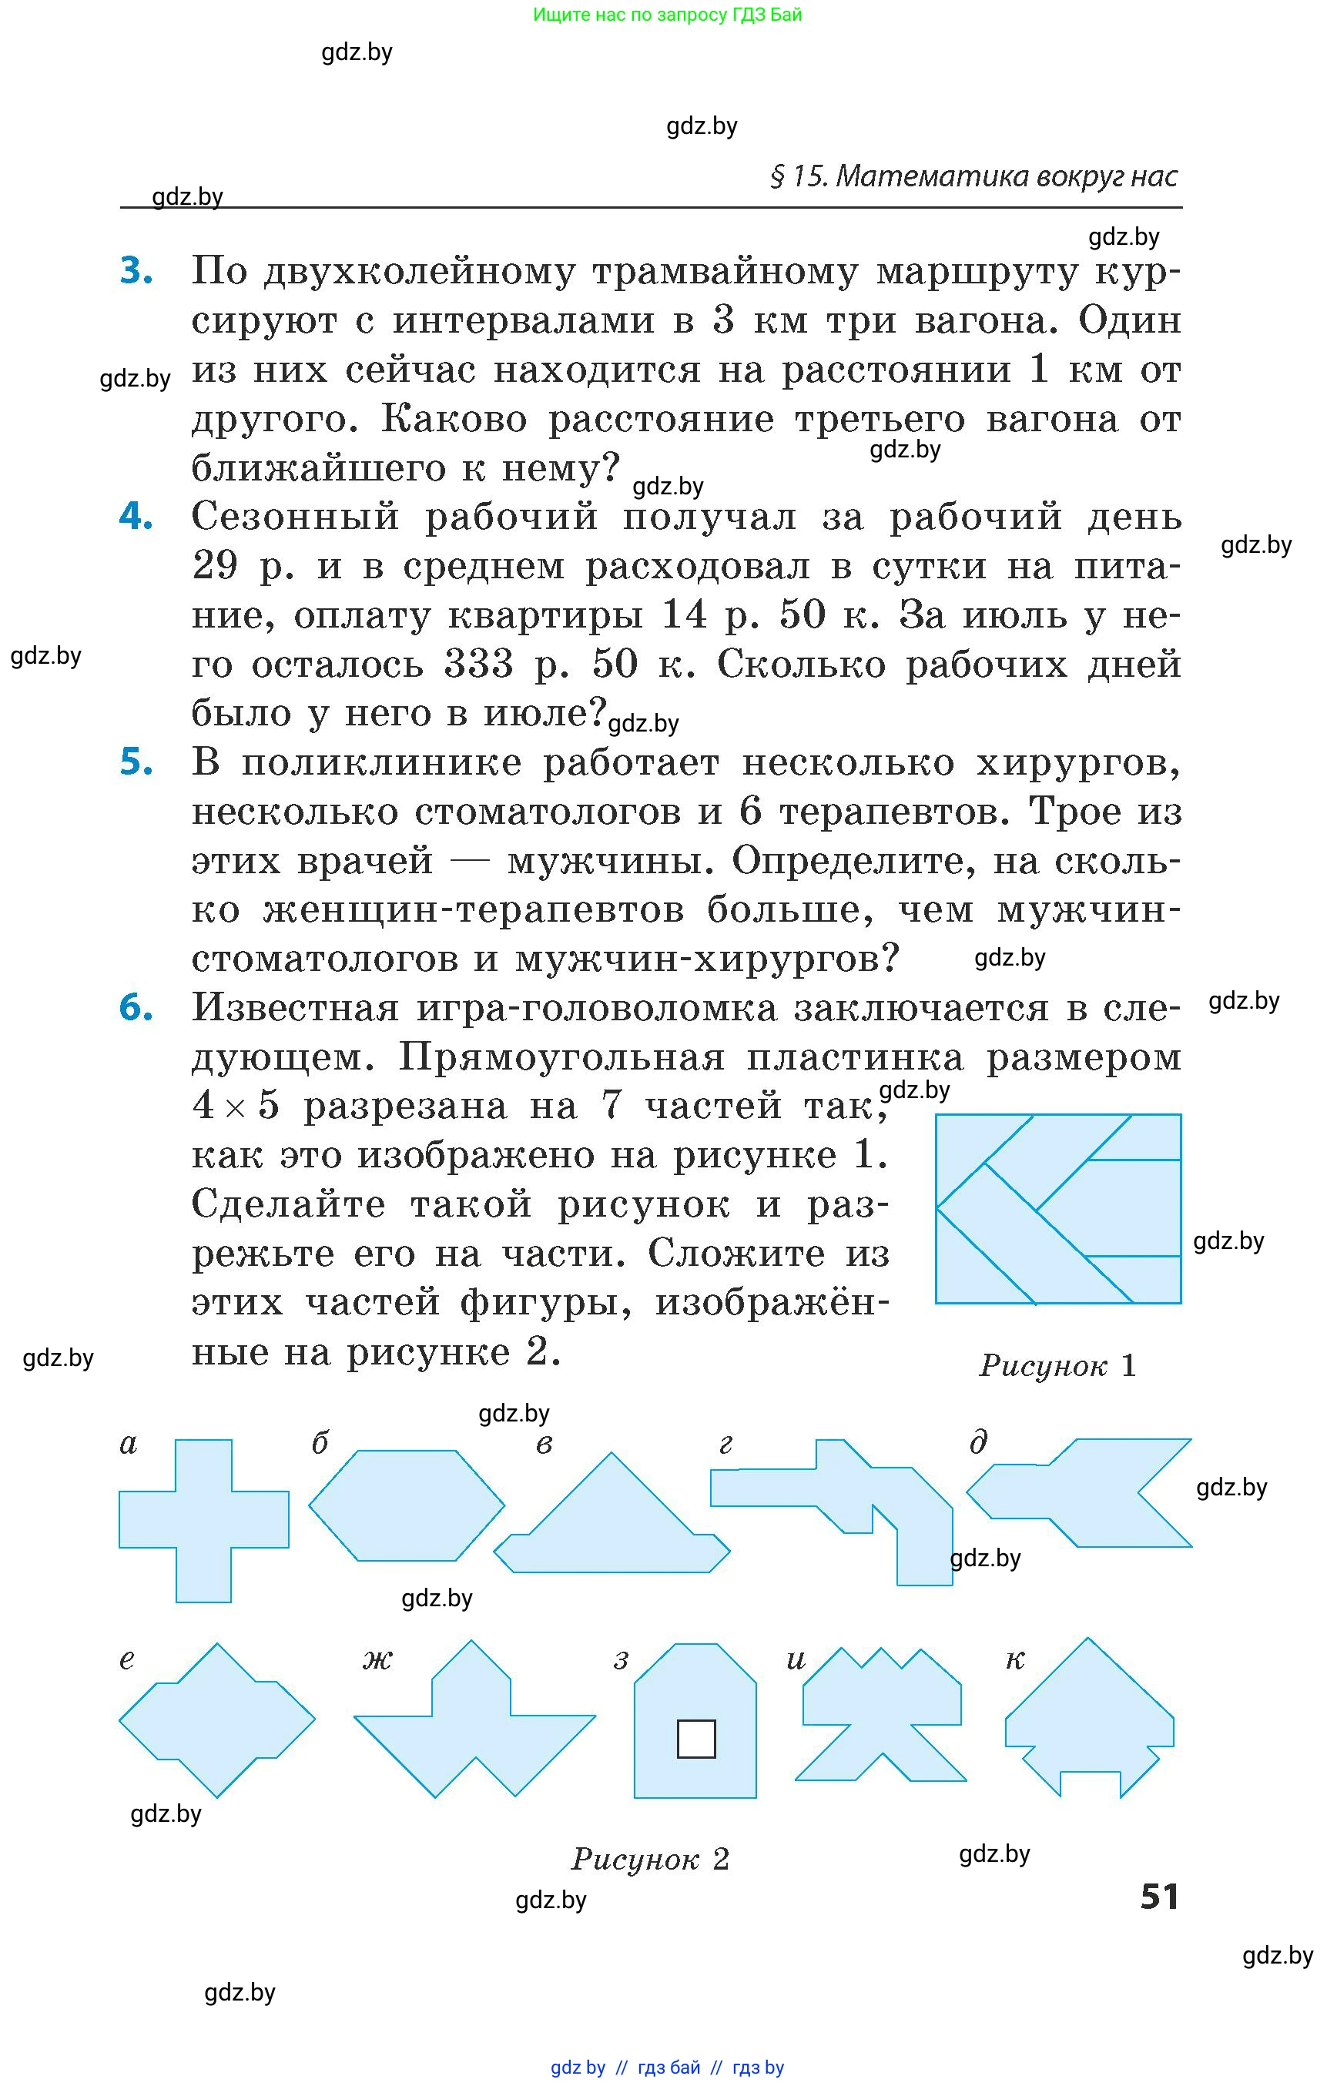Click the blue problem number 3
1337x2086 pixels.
[136, 271]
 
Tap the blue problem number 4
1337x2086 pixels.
[136, 517]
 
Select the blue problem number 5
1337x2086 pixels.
[136, 762]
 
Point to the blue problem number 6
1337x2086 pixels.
[136, 1008]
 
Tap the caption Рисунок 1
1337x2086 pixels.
[1057, 1365]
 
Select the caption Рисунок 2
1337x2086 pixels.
[649, 1859]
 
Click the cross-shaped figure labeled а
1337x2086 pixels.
[204, 1519]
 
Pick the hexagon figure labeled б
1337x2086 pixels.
[407, 1505]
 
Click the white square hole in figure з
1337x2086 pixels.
[695, 1739]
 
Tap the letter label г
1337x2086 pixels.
[725, 1445]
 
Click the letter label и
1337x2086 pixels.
[796, 1659]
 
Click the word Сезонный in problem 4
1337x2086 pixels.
[295, 517]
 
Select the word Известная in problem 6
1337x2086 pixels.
[295, 1009]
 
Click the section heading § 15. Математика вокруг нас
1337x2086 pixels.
[973, 176]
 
